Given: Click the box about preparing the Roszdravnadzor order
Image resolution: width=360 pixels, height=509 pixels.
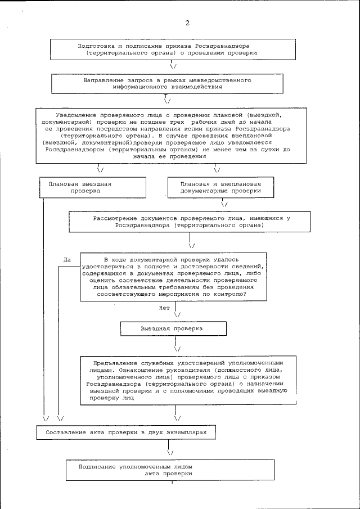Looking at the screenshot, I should pyautogui.click(x=172, y=48).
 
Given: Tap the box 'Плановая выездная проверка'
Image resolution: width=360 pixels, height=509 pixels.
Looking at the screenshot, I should pyautogui.click(x=92, y=187).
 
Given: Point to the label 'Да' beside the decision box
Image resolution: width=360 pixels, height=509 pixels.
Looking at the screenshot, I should pyautogui.click(x=67, y=259).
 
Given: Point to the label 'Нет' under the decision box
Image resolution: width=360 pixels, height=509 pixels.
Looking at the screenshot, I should pyautogui.click(x=164, y=308).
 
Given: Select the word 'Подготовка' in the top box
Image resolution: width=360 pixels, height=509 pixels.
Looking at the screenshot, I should pyautogui.click(x=96, y=44).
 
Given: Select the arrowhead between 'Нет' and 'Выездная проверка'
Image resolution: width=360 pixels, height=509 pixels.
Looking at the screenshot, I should pyautogui.click(x=178, y=314).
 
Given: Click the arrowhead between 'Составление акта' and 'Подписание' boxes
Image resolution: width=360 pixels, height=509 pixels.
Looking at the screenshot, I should pyautogui.click(x=170, y=451).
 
